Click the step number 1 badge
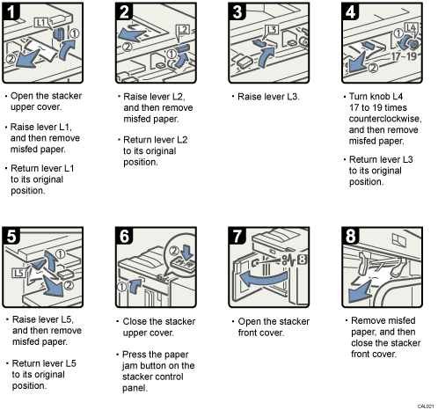click(x=12, y=12)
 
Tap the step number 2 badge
click(x=126, y=12)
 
